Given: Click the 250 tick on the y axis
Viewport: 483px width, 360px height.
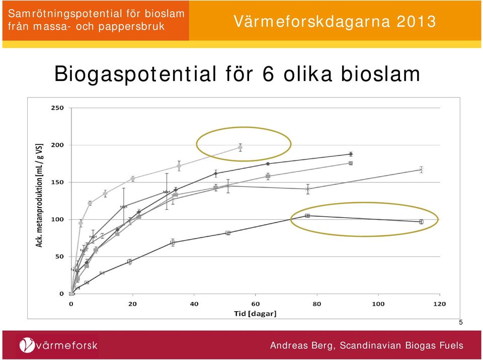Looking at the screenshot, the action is [x=57, y=108].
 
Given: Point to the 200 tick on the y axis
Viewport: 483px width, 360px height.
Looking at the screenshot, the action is [x=57, y=145].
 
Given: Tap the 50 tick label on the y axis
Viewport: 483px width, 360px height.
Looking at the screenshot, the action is [x=59, y=256].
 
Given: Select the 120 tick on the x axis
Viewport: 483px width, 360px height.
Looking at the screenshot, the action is [x=440, y=304].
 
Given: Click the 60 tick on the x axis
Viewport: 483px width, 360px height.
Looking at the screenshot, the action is [x=256, y=304].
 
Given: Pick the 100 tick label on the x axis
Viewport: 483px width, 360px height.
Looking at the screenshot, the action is [x=378, y=304].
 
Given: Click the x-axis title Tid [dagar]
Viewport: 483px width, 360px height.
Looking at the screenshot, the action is [x=256, y=314].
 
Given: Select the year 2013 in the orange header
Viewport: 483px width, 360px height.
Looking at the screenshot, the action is [x=416, y=22].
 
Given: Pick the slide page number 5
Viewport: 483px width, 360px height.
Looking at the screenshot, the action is [x=461, y=323].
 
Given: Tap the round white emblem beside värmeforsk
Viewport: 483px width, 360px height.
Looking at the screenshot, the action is [x=27, y=345].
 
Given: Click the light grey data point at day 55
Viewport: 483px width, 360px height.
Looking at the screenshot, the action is [x=240, y=147].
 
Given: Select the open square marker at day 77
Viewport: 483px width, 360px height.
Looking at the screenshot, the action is [x=307, y=216].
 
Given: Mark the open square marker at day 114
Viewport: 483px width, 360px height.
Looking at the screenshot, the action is [x=421, y=222].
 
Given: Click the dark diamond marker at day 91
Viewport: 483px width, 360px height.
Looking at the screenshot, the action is [x=351, y=154].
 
